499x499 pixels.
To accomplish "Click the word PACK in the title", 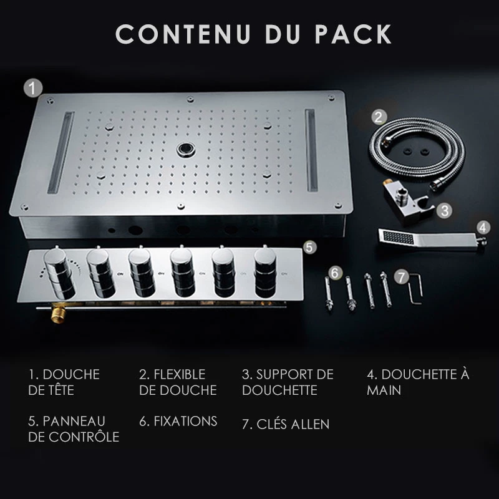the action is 353,34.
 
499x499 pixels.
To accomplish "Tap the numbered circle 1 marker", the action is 33,88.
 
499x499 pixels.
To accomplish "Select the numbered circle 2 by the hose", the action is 379,117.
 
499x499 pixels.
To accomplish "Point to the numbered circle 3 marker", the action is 445,210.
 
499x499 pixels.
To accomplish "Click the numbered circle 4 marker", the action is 483,228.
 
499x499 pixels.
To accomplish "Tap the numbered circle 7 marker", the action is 401,277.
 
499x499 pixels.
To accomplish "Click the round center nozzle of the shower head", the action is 185,149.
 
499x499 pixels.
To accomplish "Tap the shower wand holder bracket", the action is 408,200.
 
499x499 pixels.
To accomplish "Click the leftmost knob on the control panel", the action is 60,274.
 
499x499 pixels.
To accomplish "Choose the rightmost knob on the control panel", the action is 265,273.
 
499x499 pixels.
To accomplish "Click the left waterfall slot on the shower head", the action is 61,152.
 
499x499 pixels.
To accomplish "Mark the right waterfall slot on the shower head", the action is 311,150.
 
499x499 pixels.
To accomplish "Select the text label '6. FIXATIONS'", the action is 178,422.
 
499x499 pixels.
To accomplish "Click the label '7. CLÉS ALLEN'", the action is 286,424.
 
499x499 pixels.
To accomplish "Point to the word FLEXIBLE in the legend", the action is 180,374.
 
